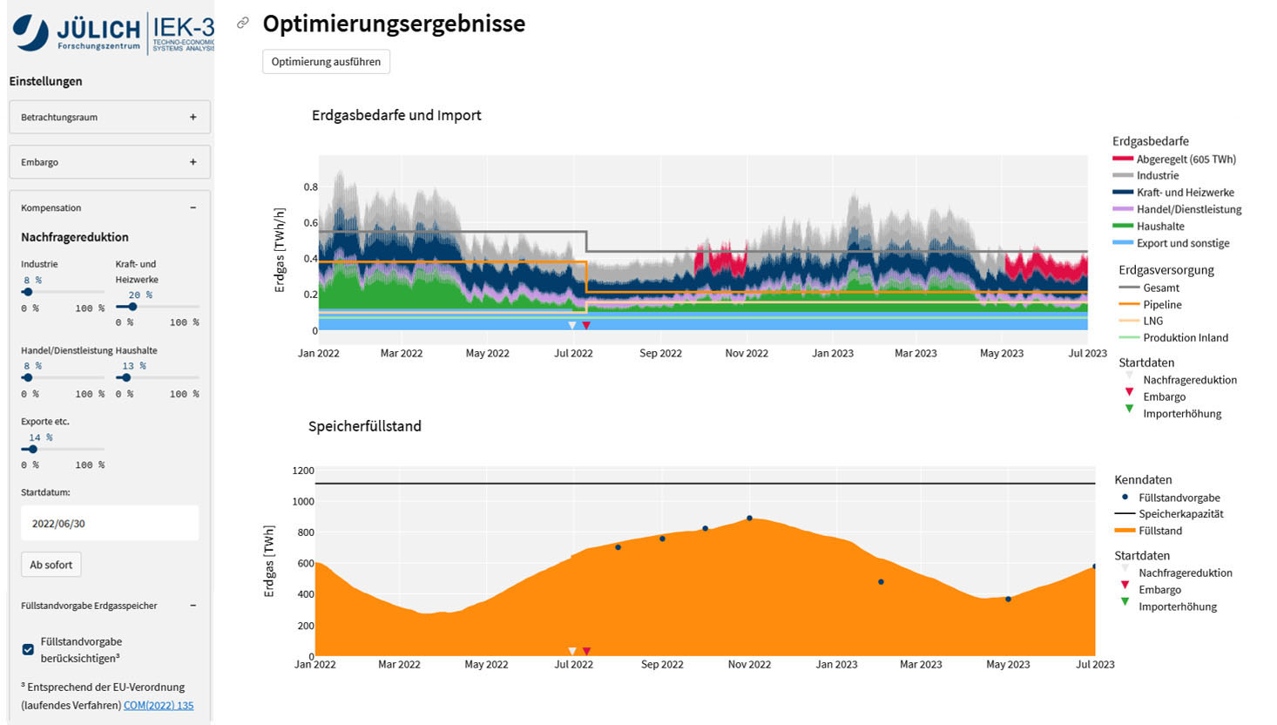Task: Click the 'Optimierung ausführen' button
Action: coord(326,62)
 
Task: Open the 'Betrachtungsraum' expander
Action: coord(110,117)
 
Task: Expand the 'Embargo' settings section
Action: coord(110,162)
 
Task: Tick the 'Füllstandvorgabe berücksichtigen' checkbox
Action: coord(29,649)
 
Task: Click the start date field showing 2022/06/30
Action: coord(110,524)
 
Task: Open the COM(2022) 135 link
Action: coord(159,705)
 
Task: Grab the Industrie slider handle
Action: coord(28,293)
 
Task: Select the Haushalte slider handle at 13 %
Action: coord(126,378)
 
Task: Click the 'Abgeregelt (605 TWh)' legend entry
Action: coord(1186,159)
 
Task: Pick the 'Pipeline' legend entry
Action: coord(1162,305)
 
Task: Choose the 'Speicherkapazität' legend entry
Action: coord(1180,514)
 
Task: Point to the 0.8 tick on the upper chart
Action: coord(310,186)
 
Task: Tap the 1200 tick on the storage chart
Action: coord(303,471)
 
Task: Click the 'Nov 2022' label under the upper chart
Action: coord(747,354)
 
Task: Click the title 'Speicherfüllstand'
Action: coord(365,426)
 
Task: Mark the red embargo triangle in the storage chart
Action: coord(586,651)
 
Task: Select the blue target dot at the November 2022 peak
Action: coord(749,518)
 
